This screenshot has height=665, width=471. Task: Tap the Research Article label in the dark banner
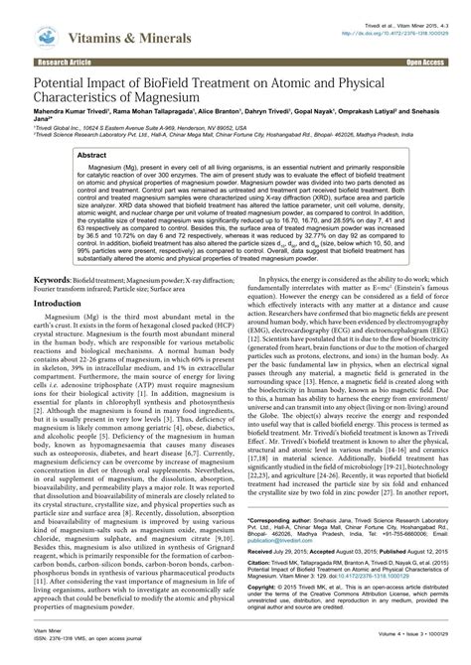pos(38,62)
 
